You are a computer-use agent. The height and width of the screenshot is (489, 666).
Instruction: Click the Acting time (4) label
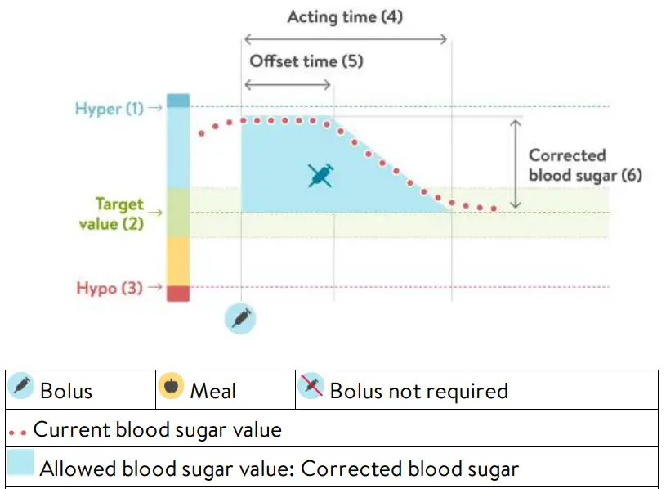pos(345,16)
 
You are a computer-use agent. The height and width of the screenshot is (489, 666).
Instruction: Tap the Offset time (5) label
pos(306,61)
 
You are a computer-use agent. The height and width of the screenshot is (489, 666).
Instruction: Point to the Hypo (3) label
pos(109,288)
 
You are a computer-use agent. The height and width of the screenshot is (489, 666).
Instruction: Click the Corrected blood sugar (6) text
pos(574,165)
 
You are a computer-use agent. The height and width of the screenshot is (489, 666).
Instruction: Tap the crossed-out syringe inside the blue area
pos(320,175)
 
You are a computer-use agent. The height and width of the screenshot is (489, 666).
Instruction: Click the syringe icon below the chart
pos(240,318)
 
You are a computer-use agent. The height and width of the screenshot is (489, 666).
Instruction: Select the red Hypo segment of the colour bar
pos(178,293)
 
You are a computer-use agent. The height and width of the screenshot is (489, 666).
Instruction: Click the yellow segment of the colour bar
pos(178,261)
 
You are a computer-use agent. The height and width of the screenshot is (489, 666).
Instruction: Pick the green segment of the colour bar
pos(178,213)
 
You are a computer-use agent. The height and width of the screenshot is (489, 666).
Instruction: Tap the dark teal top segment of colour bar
pos(178,101)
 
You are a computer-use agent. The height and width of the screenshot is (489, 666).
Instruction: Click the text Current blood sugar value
pos(157,429)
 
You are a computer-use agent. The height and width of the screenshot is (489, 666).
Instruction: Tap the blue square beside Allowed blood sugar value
pos(21,464)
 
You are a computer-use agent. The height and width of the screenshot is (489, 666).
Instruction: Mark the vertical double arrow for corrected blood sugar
pos(515,164)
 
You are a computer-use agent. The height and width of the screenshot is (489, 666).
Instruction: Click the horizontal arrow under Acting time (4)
pos(346,38)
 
